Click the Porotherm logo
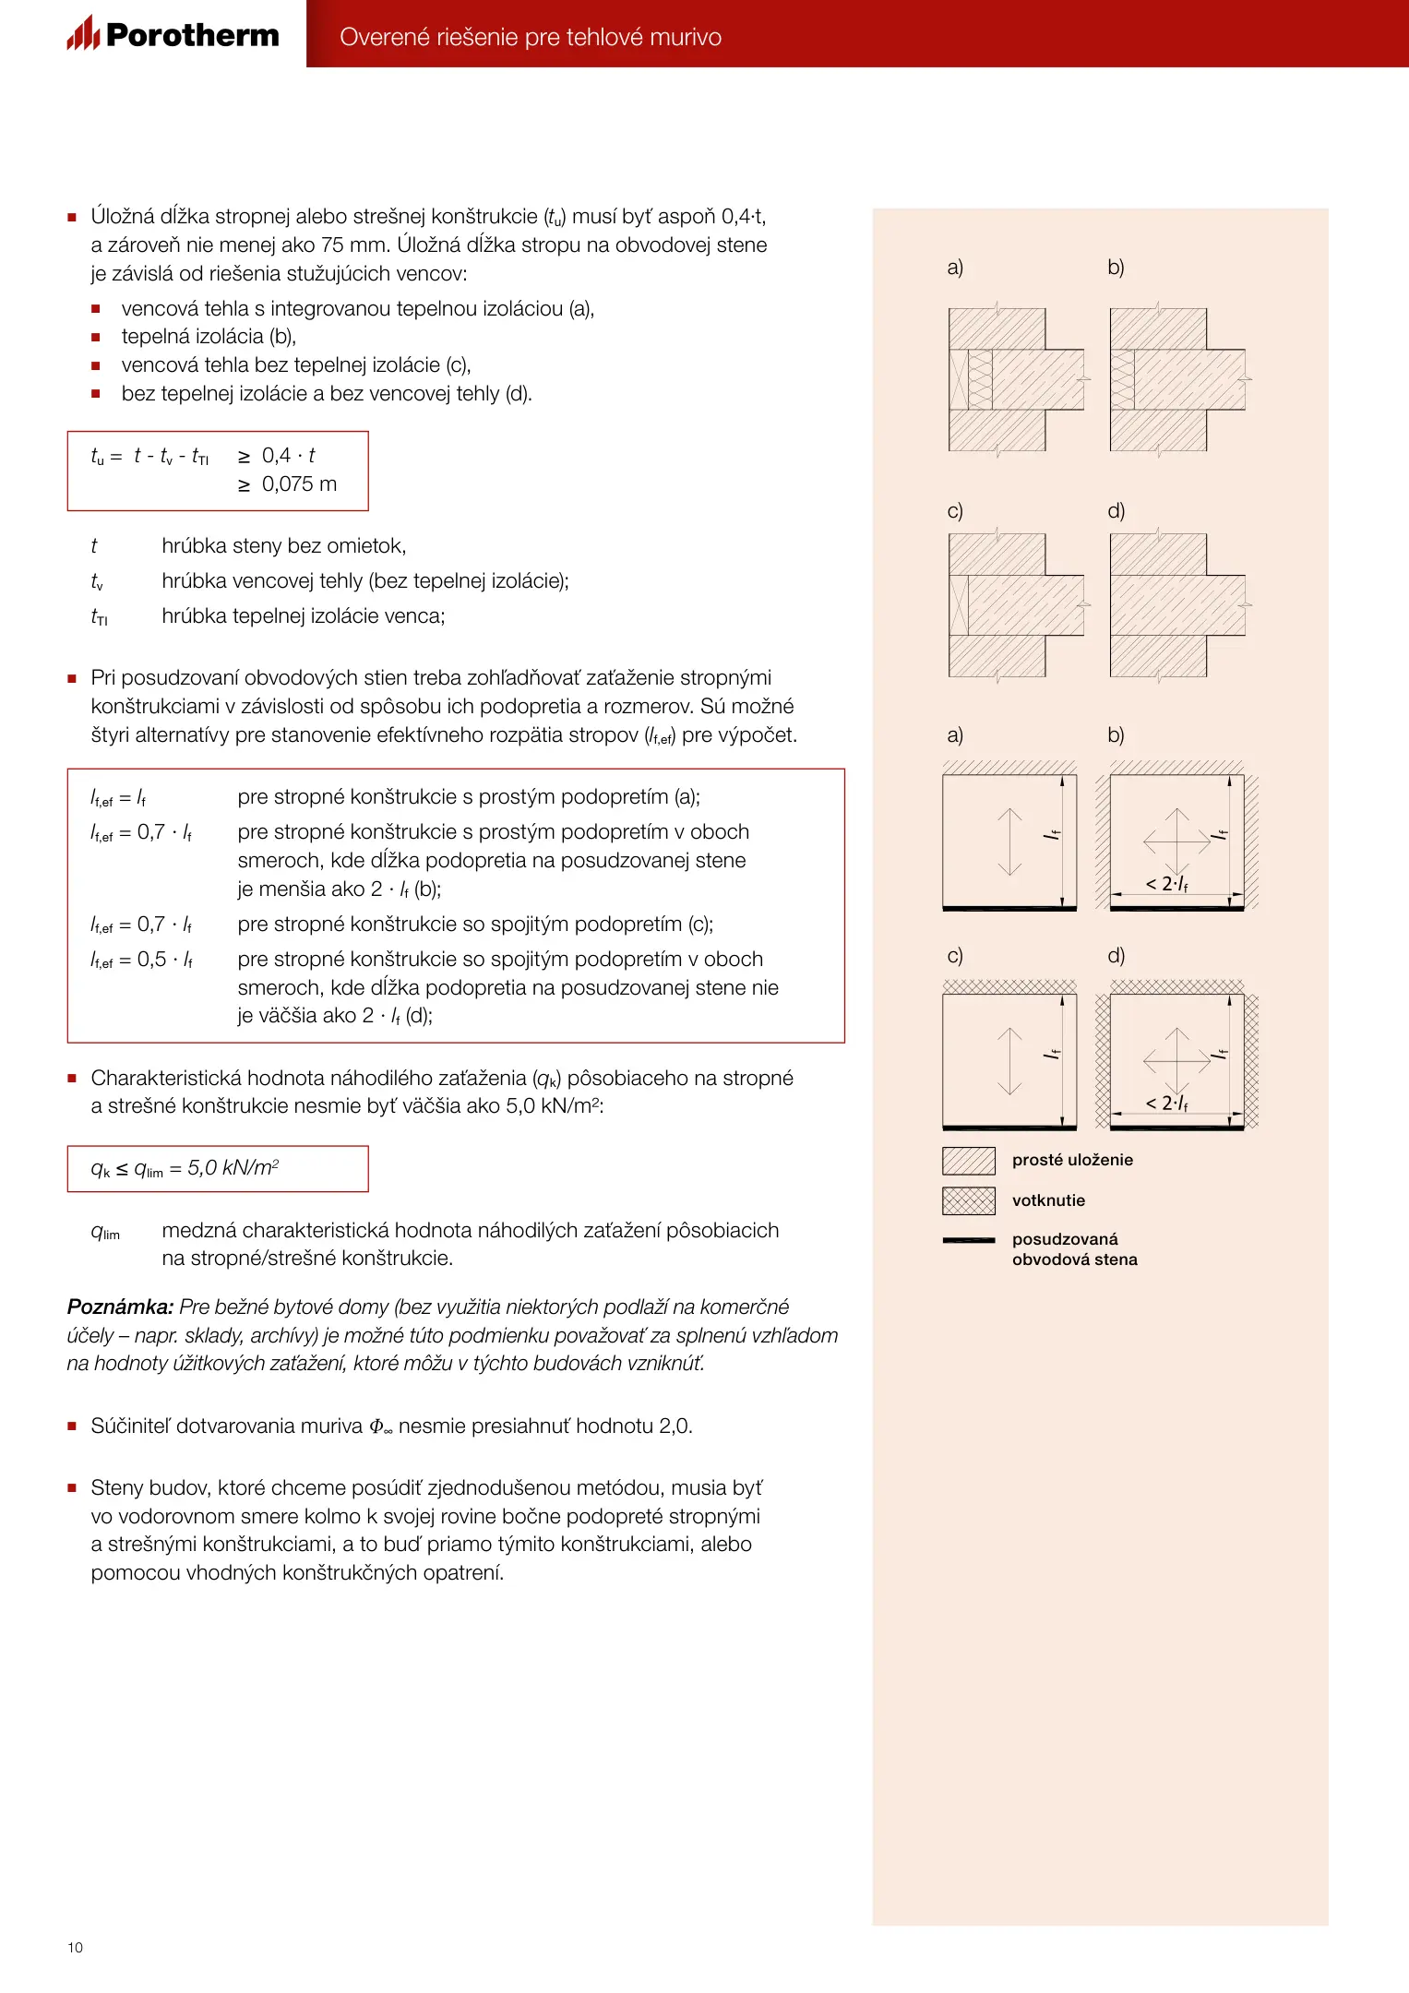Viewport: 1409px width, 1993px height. [173, 35]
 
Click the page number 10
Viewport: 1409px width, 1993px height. [75, 1947]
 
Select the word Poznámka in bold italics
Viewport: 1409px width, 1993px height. [120, 1307]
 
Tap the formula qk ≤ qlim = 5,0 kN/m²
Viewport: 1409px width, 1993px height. [185, 1168]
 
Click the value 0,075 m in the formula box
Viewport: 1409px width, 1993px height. [299, 484]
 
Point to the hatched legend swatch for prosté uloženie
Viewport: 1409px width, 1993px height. [969, 1160]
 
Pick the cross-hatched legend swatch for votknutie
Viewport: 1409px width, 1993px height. [969, 1200]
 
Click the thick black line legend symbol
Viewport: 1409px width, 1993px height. [969, 1240]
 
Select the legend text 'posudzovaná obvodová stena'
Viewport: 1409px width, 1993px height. [1074, 1249]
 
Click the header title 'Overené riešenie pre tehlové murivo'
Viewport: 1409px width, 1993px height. [531, 37]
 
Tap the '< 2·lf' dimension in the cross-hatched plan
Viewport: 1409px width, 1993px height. [1167, 1104]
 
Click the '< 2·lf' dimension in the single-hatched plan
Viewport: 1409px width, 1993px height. [1167, 884]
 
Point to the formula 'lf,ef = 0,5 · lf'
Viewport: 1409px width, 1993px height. [141, 960]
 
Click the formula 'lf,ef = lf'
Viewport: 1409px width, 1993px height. [118, 798]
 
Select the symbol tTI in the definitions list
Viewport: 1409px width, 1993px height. [99, 616]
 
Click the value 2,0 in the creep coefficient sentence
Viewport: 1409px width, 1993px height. [674, 1426]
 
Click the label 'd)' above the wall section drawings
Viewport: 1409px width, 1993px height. [1116, 511]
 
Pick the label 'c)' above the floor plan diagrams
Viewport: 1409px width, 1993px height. [955, 956]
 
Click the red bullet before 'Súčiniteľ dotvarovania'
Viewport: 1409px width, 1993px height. [72, 1426]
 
